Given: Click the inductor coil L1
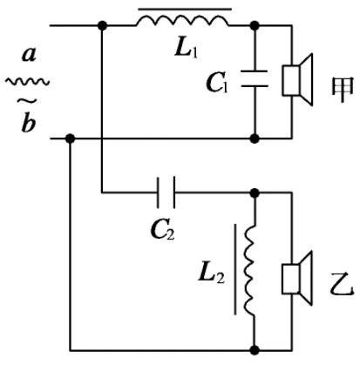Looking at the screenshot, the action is tap(182, 21).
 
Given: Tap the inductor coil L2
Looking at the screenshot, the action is tap(249, 270).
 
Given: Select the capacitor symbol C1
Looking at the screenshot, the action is tap(255, 78).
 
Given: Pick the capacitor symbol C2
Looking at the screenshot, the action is tap(166, 193).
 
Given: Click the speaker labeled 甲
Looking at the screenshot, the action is tap(297, 80).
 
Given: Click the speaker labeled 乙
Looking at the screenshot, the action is tap(297, 278).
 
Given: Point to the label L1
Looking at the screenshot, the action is tap(187, 48).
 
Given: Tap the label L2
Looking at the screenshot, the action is tap(212, 274).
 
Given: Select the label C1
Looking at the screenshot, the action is tap(217, 82).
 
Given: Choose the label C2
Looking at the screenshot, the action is tap(163, 230).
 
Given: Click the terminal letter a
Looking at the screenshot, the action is tap(29, 54).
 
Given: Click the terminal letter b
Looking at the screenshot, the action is tap(29, 123).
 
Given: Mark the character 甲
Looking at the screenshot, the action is tap(343, 89).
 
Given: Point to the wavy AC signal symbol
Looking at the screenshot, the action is tap(27, 82).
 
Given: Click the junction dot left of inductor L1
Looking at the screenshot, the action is tap(102, 25).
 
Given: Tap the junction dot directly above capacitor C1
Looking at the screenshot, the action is tap(255, 25).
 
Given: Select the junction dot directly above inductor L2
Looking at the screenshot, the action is tap(255, 193).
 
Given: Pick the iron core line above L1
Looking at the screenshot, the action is tap(185, 10).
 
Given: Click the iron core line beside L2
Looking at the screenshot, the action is tap(235, 269).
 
